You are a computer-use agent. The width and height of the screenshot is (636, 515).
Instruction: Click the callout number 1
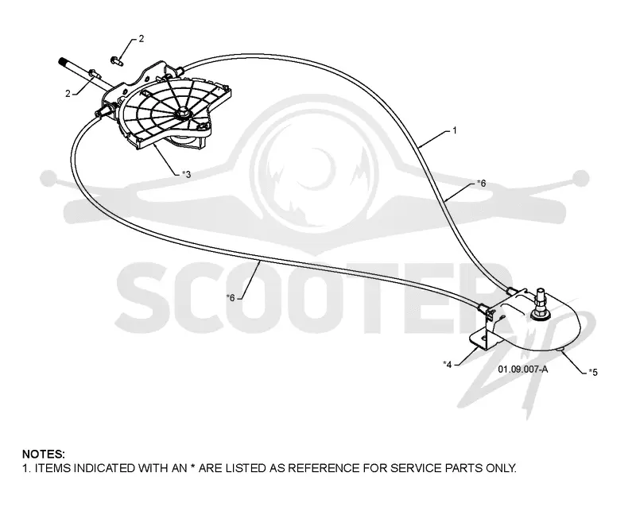(455, 130)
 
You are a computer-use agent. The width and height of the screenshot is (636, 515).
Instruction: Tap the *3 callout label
(186, 174)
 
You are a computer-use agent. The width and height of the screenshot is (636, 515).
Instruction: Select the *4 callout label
(448, 365)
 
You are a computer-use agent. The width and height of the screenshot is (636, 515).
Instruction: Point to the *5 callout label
(593, 372)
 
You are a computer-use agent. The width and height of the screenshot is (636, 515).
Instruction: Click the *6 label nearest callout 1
(481, 184)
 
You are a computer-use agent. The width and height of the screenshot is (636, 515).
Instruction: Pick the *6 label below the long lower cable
(231, 298)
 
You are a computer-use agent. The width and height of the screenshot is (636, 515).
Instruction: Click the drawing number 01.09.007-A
(523, 369)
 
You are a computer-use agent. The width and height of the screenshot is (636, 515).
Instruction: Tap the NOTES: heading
(44, 454)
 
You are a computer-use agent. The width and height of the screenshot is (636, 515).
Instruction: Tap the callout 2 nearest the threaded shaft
(68, 94)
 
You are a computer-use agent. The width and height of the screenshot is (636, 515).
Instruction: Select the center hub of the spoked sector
(182, 113)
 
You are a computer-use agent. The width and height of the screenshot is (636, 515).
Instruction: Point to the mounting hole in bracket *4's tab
(483, 339)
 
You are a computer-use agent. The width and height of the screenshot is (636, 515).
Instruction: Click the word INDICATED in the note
(104, 468)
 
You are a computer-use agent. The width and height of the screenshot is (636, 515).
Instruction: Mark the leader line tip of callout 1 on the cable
(420, 146)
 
